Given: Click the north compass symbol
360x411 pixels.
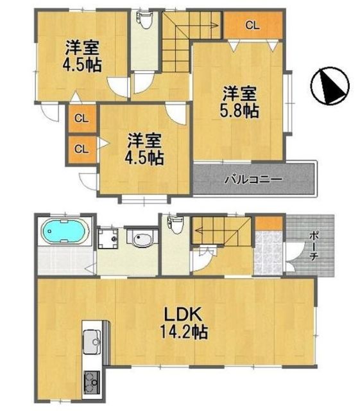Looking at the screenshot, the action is click(x=330, y=85).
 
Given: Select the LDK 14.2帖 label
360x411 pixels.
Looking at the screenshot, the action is click(x=184, y=323).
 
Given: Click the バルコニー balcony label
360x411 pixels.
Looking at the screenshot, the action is click(x=253, y=180).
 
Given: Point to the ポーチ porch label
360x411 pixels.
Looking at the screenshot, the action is click(x=313, y=246).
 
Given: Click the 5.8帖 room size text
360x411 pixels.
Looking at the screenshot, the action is click(x=239, y=111).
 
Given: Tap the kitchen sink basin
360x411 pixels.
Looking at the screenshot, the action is click(x=92, y=341).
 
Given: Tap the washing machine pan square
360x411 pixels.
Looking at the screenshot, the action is click(x=108, y=238).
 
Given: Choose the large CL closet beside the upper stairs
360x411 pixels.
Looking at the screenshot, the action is click(x=253, y=25).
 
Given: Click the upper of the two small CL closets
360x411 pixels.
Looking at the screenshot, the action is click(x=81, y=118).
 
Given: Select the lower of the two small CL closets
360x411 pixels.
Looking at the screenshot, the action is click(x=81, y=149).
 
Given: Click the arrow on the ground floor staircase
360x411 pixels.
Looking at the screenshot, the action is click(x=222, y=231).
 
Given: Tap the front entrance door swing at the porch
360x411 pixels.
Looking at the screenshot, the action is click(x=295, y=253).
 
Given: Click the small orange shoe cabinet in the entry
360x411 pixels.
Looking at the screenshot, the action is click(x=269, y=223).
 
